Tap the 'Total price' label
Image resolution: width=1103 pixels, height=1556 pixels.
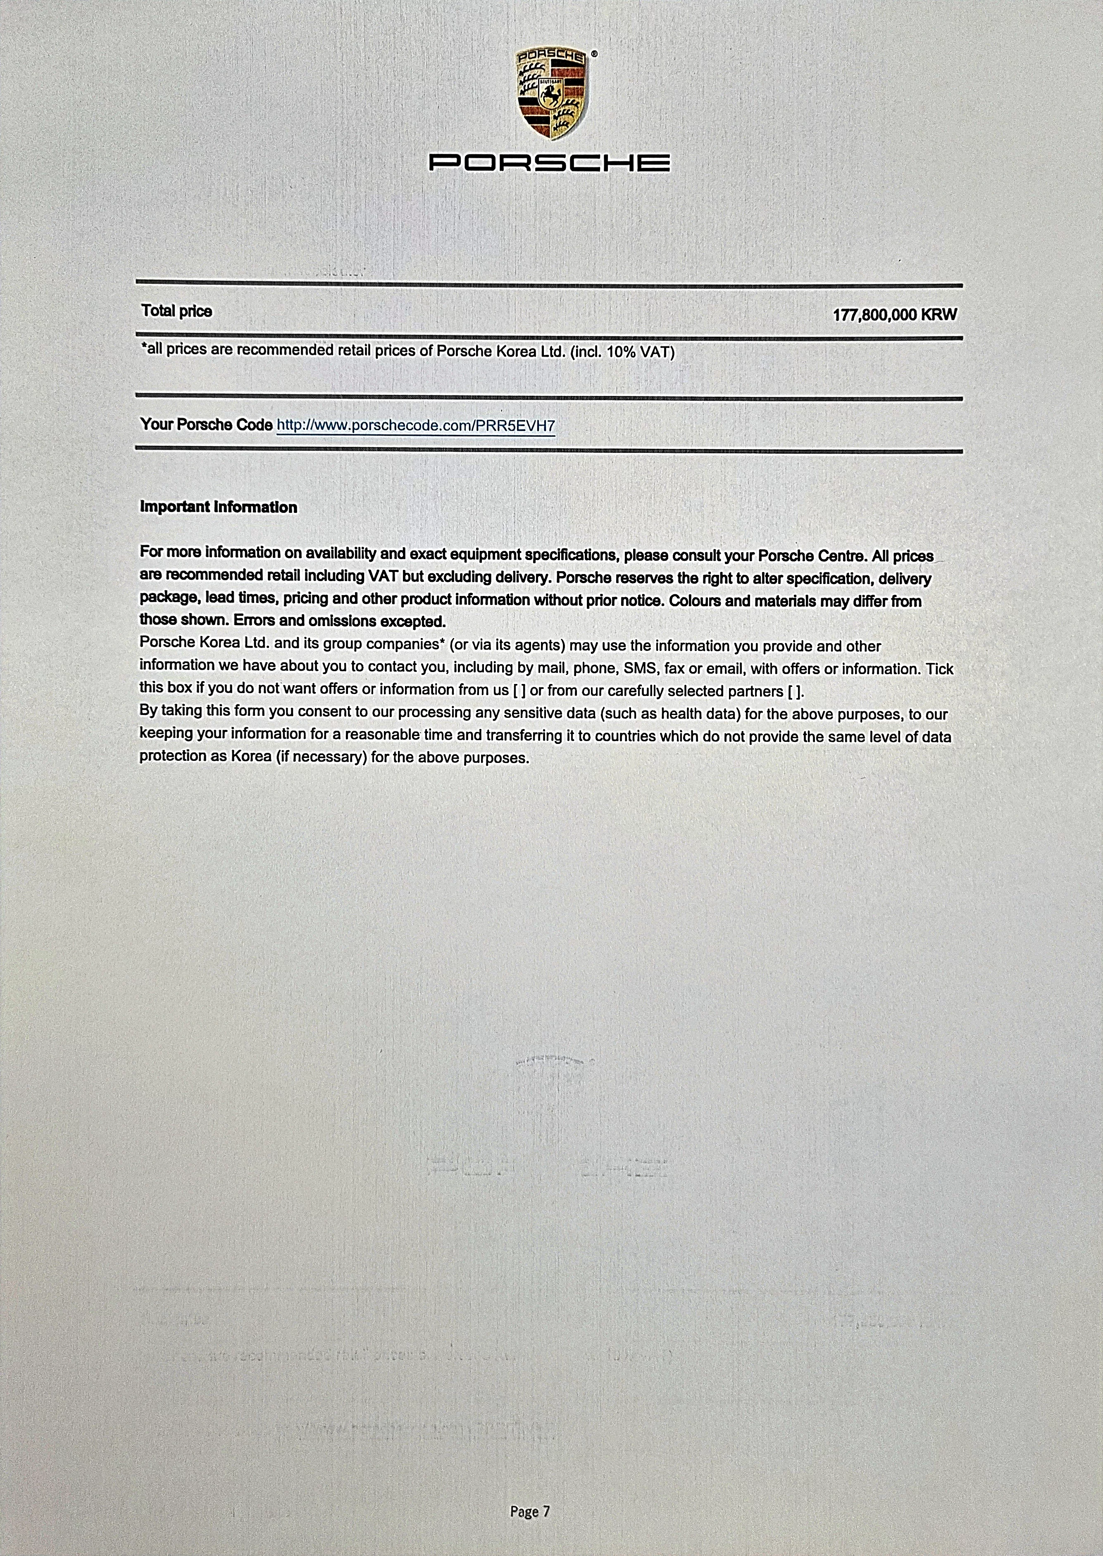click(176, 311)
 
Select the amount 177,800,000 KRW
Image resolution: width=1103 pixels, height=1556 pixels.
click(894, 315)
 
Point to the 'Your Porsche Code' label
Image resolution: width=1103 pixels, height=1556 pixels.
click(206, 424)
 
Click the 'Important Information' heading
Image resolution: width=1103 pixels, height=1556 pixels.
click(218, 508)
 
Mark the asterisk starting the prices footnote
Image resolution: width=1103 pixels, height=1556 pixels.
click(144, 349)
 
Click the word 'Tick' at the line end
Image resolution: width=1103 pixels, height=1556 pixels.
click(939, 669)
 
